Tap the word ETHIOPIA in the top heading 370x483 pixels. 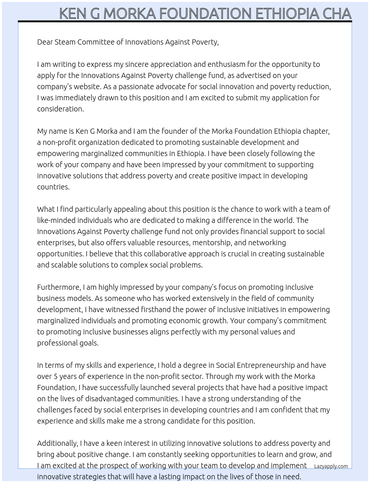[287, 14]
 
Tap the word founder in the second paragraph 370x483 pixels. [173, 131]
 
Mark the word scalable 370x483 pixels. [65, 265]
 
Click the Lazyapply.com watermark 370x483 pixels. [331, 466]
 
